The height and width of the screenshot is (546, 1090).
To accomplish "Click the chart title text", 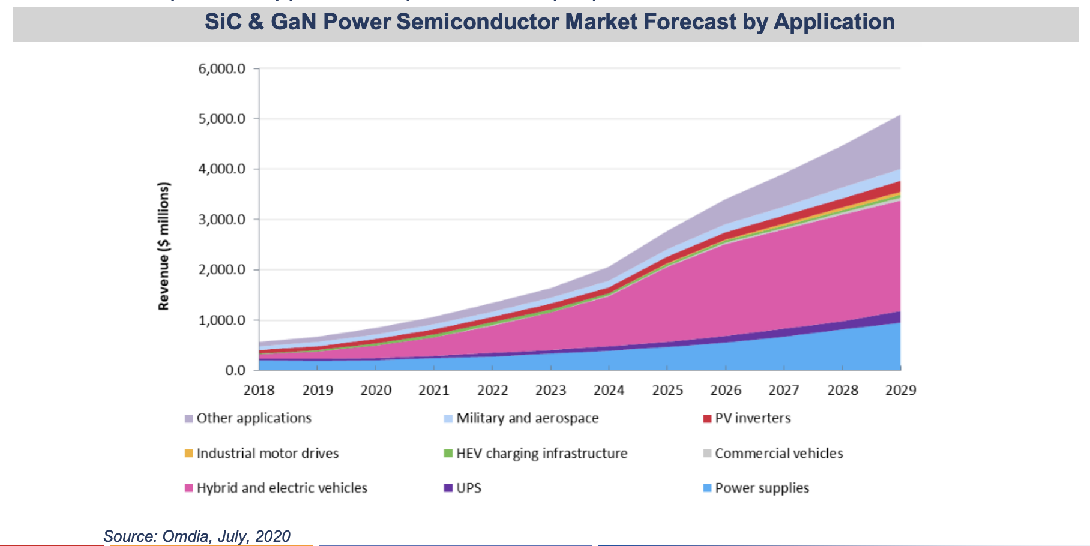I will coord(549,22).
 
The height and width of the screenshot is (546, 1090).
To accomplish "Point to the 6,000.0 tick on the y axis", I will coord(221,69).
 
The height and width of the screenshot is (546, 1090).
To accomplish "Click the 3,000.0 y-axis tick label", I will coord(221,220).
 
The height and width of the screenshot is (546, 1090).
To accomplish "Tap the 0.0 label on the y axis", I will coord(235,371).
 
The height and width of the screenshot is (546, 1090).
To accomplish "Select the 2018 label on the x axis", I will coord(259,391).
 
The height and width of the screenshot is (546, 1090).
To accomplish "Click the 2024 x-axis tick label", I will coord(609,391).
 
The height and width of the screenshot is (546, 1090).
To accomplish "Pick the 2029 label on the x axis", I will coord(900,391).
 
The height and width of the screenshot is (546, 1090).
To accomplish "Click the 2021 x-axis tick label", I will coord(433,391).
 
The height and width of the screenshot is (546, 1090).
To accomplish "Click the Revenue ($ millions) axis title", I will coord(163,246).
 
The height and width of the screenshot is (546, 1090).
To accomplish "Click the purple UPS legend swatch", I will coord(448,488).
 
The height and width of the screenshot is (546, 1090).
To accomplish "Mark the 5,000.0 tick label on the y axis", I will coord(221,119).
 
